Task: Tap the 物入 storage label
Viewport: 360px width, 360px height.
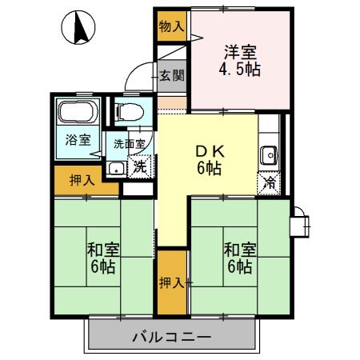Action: click(171, 26)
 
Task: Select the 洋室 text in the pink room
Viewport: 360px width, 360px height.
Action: click(240, 52)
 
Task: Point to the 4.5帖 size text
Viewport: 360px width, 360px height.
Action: click(240, 69)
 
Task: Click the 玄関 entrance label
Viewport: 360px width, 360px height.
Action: click(171, 76)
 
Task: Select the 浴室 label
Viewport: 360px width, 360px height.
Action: click(78, 138)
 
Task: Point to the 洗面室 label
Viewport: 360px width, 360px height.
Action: click(129, 145)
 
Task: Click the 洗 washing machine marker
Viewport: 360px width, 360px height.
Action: click(139, 167)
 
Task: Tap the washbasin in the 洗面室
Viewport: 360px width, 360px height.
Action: click(117, 168)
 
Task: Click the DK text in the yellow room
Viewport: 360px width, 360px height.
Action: click(210, 150)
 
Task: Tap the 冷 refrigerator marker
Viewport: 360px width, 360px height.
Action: click(270, 182)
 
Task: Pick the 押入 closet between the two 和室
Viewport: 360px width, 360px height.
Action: click(171, 282)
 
